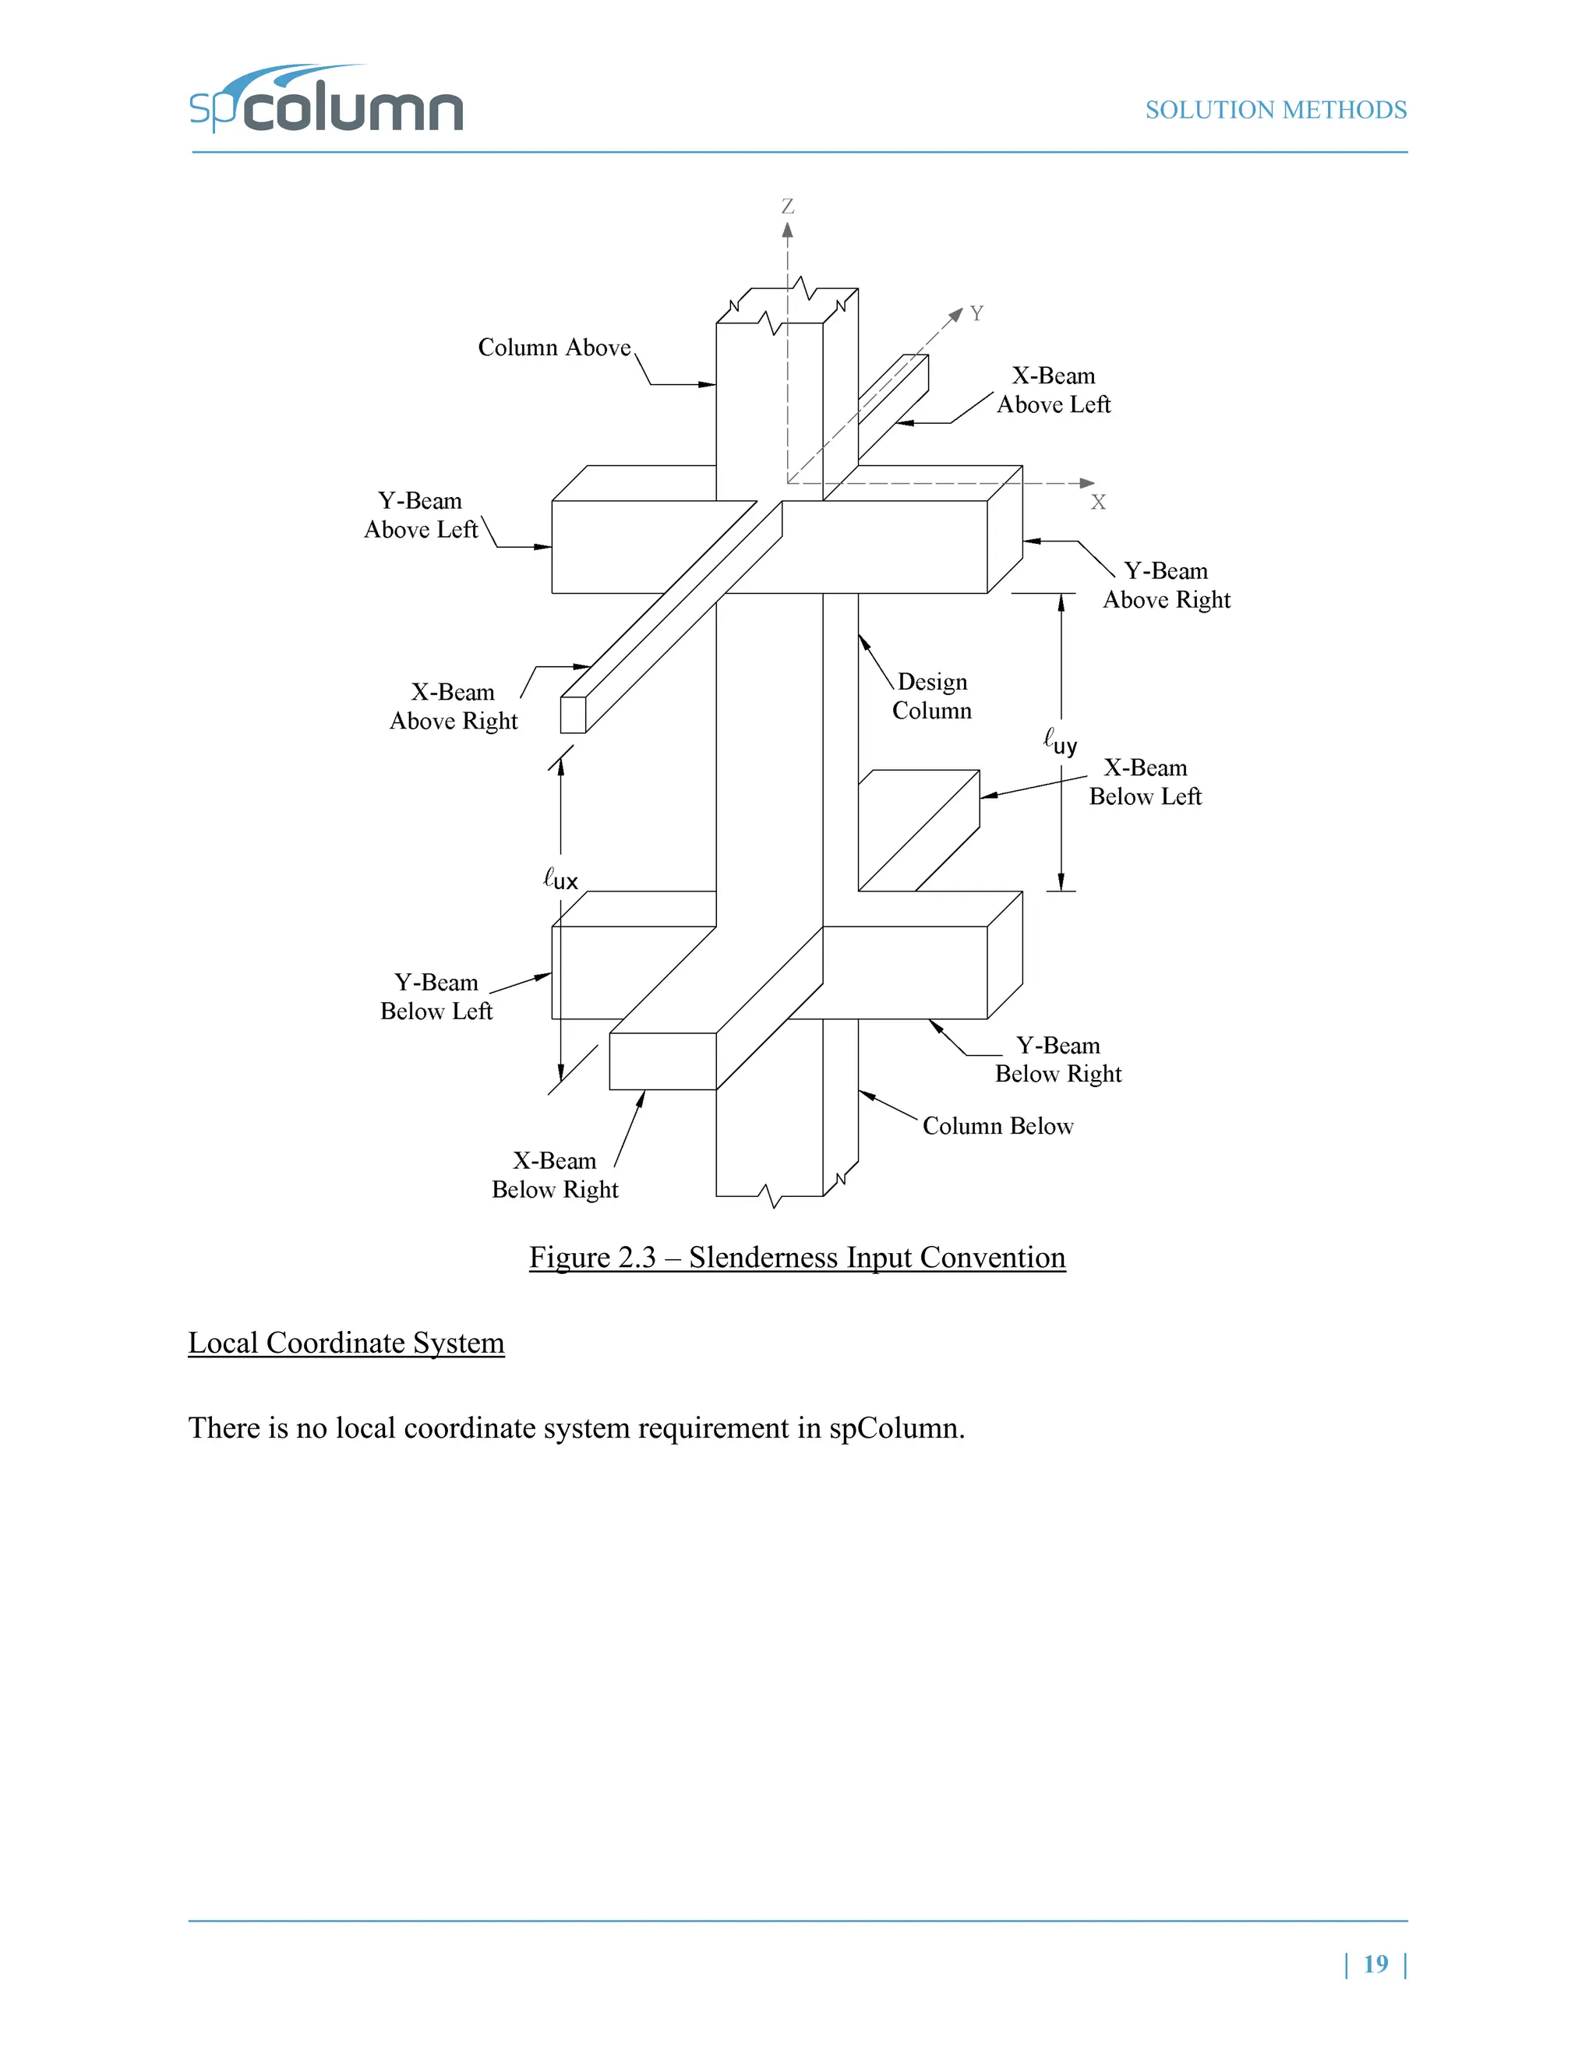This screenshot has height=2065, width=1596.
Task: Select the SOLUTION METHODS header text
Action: (x=1276, y=111)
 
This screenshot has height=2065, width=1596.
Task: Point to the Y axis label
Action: (x=976, y=313)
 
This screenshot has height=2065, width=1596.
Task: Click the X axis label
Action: (x=1098, y=502)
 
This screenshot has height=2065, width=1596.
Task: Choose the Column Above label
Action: (x=554, y=348)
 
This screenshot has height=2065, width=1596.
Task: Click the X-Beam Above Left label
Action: (x=1054, y=390)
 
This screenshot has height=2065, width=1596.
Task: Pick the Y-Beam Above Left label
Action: (x=421, y=515)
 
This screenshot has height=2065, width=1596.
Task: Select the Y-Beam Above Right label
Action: (x=1167, y=585)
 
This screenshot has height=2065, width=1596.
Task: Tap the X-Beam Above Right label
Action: (x=453, y=706)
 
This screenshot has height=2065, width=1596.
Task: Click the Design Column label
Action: (x=932, y=696)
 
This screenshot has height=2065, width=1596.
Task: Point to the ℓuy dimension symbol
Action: (x=1060, y=741)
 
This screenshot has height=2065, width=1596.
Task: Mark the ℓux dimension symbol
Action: (x=560, y=878)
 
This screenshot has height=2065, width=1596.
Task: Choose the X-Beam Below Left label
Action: (x=1145, y=782)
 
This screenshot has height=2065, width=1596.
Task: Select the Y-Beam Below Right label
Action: (x=1058, y=1059)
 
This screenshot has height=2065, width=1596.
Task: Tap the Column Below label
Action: (x=997, y=1126)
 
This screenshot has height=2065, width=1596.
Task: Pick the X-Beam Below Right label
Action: (x=555, y=1175)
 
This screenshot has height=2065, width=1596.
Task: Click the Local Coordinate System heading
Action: (x=346, y=1343)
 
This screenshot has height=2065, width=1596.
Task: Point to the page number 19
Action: (x=1375, y=1964)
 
